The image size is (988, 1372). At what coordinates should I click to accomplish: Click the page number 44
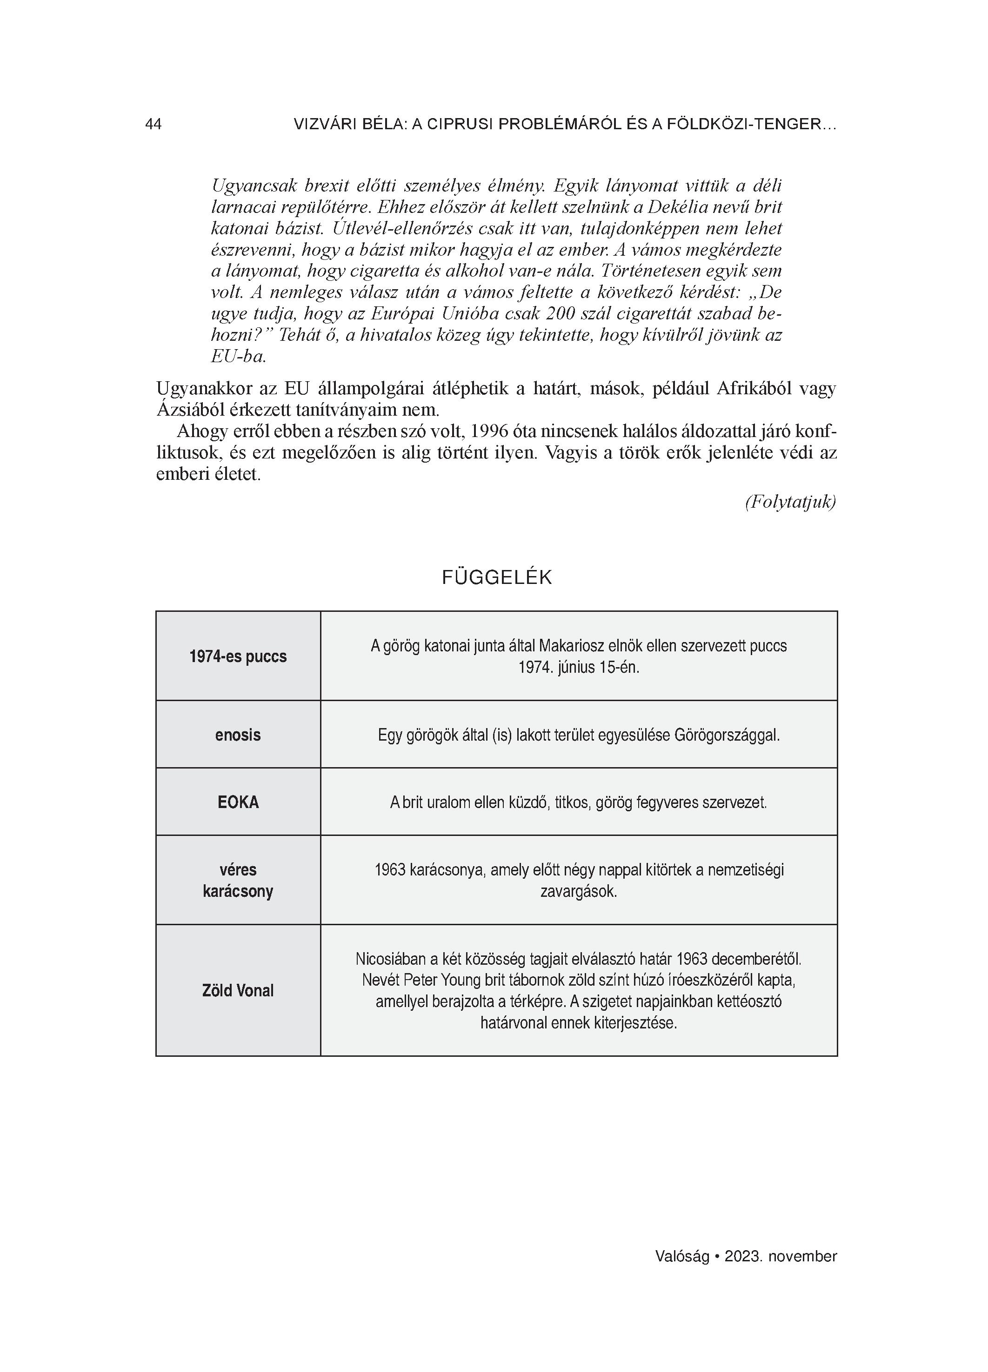tap(153, 124)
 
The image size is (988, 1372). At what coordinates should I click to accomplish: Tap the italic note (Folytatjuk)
tap(790, 502)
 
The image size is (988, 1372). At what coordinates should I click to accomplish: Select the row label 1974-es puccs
tap(238, 656)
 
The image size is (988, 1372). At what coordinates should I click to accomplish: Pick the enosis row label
tap(238, 735)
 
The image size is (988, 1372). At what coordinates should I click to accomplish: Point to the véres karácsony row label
tap(238, 880)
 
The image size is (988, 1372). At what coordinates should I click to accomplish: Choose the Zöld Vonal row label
tap(238, 990)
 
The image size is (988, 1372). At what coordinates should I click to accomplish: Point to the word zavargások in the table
tap(578, 891)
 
